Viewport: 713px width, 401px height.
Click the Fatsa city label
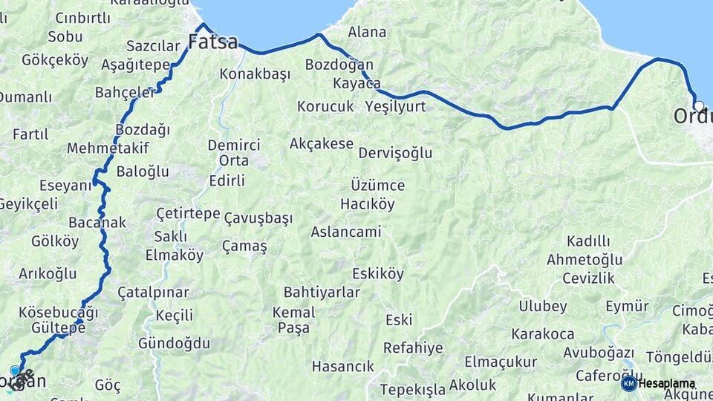click(x=213, y=42)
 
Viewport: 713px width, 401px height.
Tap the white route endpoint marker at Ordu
click(x=698, y=105)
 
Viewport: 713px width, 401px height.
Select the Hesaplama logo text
click(x=667, y=382)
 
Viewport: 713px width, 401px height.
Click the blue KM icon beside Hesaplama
click(x=628, y=383)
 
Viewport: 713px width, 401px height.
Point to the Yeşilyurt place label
click(x=395, y=106)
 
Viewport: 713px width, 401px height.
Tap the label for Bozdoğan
click(x=339, y=65)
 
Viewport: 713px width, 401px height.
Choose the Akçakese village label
click(x=321, y=143)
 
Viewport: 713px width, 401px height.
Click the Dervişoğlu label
click(x=395, y=153)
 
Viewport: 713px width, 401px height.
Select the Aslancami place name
click(x=345, y=232)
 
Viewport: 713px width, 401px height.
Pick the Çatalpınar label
click(x=153, y=293)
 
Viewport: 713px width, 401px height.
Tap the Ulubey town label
click(x=542, y=306)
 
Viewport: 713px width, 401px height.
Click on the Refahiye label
click(x=413, y=348)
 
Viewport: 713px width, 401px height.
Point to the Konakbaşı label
click(x=253, y=74)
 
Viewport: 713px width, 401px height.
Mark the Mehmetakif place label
click(x=108, y=148)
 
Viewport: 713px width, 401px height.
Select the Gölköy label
click(x=55, y=241)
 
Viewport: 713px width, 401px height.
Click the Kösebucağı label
click(x=59, y=312)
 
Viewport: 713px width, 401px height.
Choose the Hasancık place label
click(x=342, y=366)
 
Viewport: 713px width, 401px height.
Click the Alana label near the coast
click(x=367, y=32)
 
